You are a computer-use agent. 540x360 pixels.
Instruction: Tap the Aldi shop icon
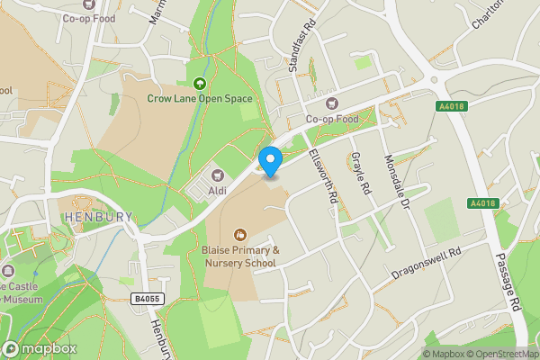216,175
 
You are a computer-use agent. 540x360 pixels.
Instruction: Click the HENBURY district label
97,217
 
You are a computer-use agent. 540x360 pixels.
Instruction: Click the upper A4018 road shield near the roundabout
453,106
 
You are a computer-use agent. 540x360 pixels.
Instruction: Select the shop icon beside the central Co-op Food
330,103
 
